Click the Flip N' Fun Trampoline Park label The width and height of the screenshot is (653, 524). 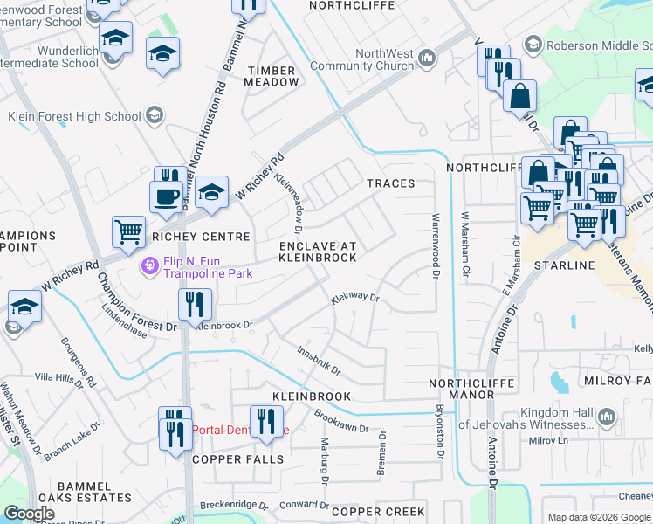pos(205,264)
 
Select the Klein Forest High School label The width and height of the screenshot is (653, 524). pos(74,116)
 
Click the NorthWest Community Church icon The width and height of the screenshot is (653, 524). pos(427,59)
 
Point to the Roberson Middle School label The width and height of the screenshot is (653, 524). pos(594,44)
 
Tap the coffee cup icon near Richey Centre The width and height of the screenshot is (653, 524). pos(165,196)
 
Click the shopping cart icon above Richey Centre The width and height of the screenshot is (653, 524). pos(128,232)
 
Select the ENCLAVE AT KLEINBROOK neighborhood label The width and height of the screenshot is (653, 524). pos(318,252)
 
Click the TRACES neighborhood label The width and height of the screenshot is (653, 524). pos(390,184)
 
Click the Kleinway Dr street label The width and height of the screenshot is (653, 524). pos(354,300)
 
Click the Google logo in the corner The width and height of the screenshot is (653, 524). pos(30,514)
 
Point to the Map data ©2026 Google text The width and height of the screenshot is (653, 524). pos(598,517)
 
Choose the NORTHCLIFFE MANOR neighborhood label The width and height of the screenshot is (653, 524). pos(462,389)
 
